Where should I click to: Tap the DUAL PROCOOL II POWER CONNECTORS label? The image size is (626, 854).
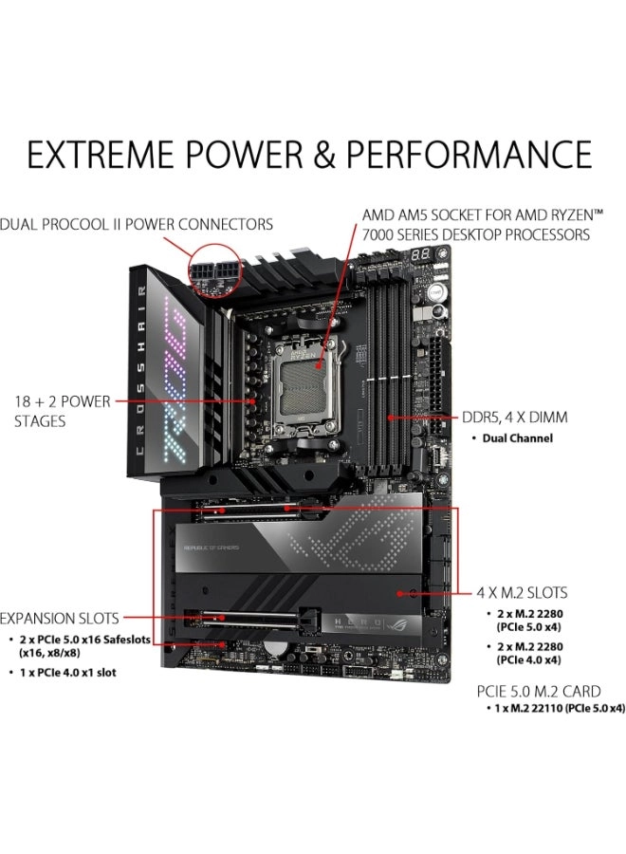click(x=137, y=225)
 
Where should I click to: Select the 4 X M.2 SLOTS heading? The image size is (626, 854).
click(x=522, y=593)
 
